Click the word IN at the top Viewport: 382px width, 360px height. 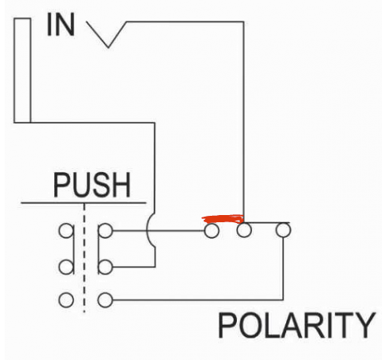pos(61,25)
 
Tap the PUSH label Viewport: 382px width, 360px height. pos(92,185)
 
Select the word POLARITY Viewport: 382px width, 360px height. pos(297,325)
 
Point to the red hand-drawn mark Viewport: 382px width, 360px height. pos(223,219)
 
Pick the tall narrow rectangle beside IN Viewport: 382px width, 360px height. pos(22,70)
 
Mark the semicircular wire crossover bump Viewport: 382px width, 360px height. pos(147,230)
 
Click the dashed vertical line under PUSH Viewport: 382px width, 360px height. pos(85,257)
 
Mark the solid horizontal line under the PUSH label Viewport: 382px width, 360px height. pos(84,203)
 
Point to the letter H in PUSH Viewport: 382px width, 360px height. pos(121,185)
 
